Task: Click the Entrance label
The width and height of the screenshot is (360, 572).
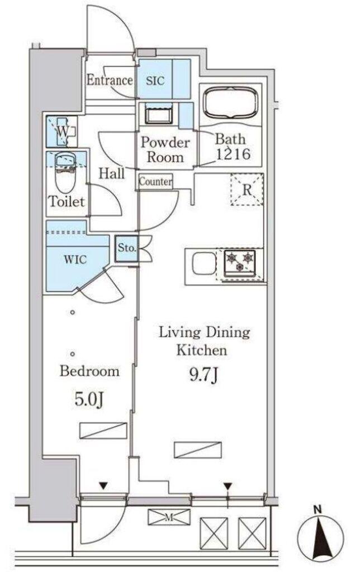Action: [110, 79]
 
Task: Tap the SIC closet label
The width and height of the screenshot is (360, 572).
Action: [155, 80]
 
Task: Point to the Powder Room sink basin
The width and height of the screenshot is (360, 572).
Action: [158, 114]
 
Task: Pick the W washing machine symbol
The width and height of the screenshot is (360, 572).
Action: [62, 131]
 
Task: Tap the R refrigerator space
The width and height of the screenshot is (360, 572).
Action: [247, 189]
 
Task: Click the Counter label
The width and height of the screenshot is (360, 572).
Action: [155, 182]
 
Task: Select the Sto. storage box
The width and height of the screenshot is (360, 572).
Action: [126, 248]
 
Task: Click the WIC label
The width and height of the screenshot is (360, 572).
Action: [75, 259]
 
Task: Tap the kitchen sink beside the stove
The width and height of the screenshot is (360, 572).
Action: [204, 263]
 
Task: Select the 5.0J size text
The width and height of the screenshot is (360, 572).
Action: [89, 399]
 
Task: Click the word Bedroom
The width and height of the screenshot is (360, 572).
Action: [89, 371]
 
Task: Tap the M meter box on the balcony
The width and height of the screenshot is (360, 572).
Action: [169, 517]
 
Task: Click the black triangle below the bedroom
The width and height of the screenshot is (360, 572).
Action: [103, 485]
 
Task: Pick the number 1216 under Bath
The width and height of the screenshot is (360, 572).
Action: [233, 154]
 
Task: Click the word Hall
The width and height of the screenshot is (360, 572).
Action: [112, 173]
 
